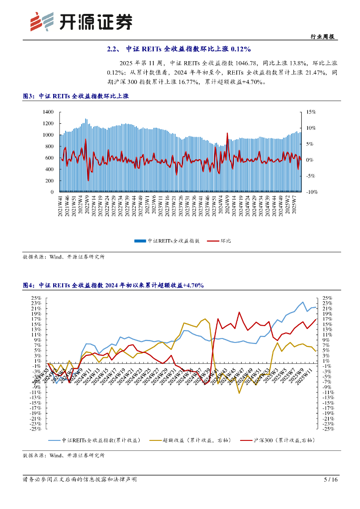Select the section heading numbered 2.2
click(x=180, y=49)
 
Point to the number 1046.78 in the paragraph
click(x=227, y=63)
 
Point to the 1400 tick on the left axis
click(x=48, y=112)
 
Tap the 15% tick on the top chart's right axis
click(x=310, y=112)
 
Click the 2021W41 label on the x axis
click(x=61, y=205)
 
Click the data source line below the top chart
click(x=64, y=257)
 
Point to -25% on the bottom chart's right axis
click(x=327, y=428)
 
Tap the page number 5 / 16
click(x=331, y=480)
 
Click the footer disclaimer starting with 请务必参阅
click(x=80, y=480)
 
